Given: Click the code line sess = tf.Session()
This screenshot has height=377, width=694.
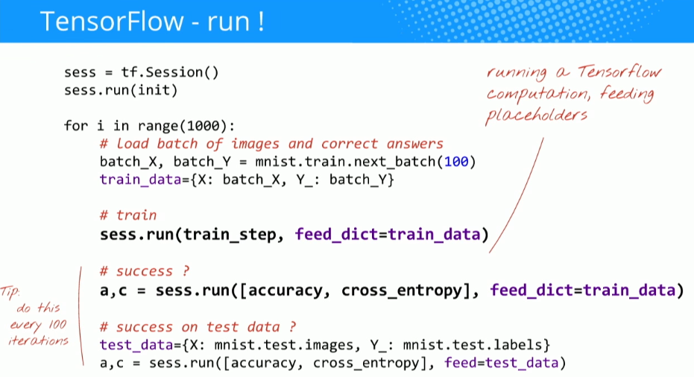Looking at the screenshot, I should click(x=141, y=73).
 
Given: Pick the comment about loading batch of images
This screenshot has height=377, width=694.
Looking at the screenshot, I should click(x=271, y=144).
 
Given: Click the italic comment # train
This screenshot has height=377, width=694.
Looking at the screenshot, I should click(x=127, y=215).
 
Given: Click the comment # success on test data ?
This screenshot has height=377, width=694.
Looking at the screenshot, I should click(x=198, y=326).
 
